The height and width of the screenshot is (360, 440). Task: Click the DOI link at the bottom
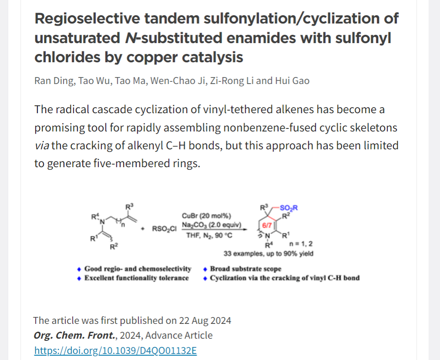(x=115, y=350)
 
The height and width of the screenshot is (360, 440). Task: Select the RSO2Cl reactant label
(x=164, y=228)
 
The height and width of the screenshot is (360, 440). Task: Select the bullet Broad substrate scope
(x=245, y=269)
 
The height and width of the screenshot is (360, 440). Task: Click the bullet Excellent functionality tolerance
(x=136, y=278)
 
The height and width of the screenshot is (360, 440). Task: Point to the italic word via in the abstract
(x=42, y=145)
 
